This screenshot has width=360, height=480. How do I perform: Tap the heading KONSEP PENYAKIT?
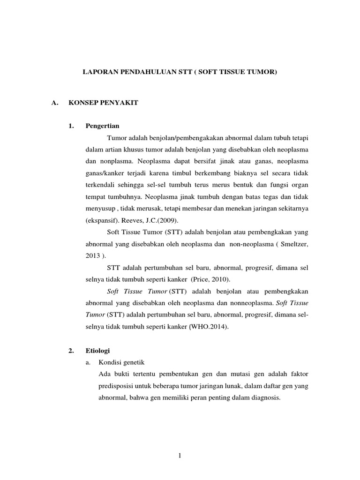pyautogui.click(x=103, y=103)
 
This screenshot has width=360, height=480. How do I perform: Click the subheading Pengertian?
pyautogui.click(x=102, y=126)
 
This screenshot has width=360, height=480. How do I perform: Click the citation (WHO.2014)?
pyautogui.click(x=209, y=328)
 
